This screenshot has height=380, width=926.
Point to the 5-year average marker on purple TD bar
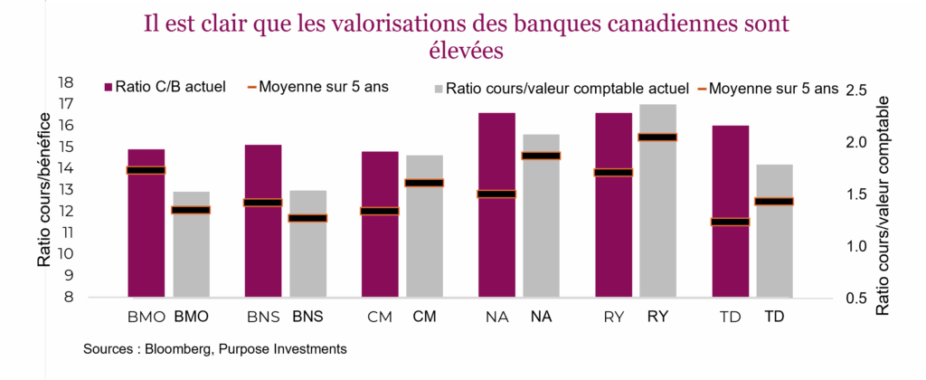(x=730, y=222)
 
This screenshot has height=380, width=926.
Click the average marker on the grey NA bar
(x=541, y=156)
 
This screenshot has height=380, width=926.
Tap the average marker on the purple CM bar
(x=380, y=211)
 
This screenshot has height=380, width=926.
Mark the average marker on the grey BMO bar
(x=191, y=210)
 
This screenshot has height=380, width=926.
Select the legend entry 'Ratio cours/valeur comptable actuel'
(x=561, y=89)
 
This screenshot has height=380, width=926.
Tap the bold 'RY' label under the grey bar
(x=657, y=318)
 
